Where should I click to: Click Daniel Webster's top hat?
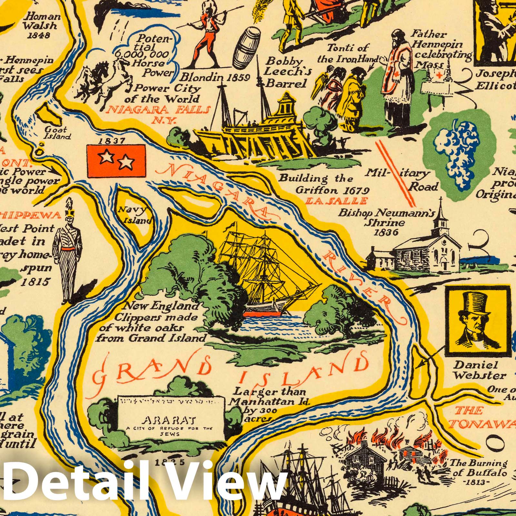474,303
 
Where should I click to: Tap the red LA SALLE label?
337,201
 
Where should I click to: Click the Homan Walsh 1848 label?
42,25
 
